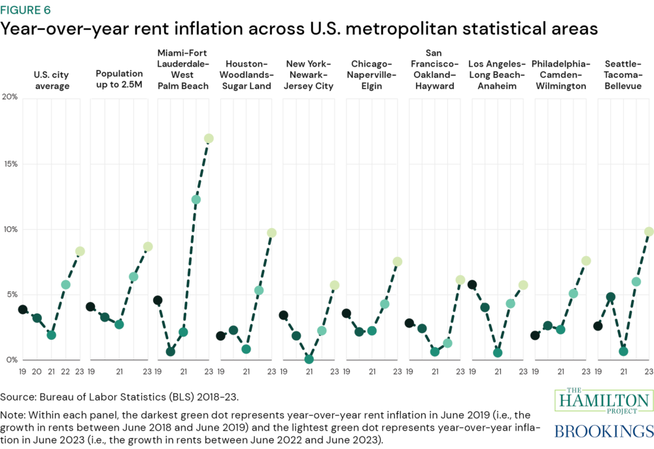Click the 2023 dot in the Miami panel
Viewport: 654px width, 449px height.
(x=209, y=139)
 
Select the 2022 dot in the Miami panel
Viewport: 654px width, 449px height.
(x=196, y=199)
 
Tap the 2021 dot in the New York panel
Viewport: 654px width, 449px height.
(x=309, y=359)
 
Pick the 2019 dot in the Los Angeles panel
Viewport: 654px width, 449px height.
(x=472, y=285)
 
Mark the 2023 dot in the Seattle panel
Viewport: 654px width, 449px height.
(x=649, y=231)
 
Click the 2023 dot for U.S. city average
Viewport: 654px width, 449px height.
(x=80, y=251)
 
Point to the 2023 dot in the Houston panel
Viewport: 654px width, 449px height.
(x=271, y=233)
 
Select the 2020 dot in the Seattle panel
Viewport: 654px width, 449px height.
(x=610, y=297)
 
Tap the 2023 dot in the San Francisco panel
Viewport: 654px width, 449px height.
(x=460, y=280)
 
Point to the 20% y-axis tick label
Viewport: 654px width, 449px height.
(x=9, y=97)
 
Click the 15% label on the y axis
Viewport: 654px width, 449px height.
(x=9, y=163)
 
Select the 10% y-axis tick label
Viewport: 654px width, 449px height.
(x=9, y=229)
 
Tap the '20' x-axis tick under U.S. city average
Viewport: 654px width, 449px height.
(x=37, y=371)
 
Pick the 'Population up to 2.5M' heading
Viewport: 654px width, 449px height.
(x=119, y=80)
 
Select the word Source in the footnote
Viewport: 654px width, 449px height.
(x=16, y=396)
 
